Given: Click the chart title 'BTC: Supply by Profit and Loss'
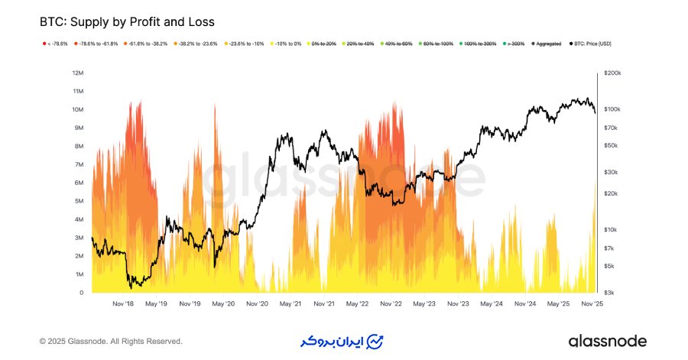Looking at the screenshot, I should pyautogui.click(x=128, y=21).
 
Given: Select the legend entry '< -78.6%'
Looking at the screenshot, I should pyautogui.click(x=55, y=44).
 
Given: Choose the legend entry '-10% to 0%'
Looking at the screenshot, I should pyautogui.click(x=287, y=44).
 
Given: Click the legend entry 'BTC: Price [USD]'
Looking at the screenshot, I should pyautogui.click(x=592, y=44).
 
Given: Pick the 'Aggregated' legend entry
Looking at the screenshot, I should pyautogui.click(x=546, y=44).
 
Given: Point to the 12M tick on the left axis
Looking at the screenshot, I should pyautogui.click(x=76, y=73).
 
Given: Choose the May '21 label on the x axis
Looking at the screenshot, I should pyautogui.click(x=290, y=303).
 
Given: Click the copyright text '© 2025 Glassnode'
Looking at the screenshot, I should pyautogui.click(x=111, y=341).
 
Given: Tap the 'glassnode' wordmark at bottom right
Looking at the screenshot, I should pyautogui.click(x=608, y=341).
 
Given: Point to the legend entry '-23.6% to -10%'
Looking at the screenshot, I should pyautogui.click(x=243, y=44).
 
